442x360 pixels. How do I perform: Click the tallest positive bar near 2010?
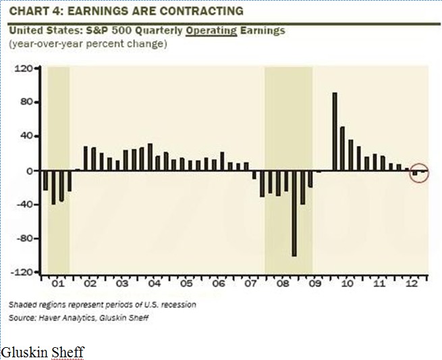pyautogui.click(x=335, y=131)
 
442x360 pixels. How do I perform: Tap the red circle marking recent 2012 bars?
pyautogui.click(x=418, y=174)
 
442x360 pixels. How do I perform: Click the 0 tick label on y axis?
pyautogui.click(x=30, y=170)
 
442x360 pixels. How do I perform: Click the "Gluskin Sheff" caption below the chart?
pyautogui.click(x=43, y=352)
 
